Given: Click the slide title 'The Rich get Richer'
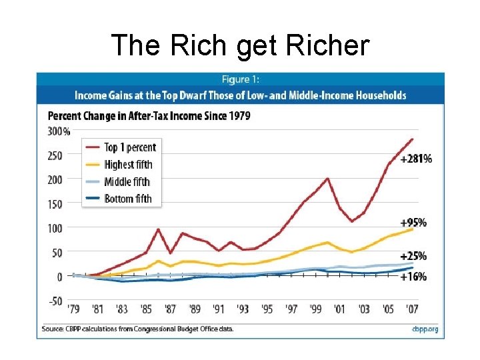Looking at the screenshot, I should click(240, 45).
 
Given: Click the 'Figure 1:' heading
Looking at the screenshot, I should click(240, 80).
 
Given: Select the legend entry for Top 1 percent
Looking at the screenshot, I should click(129, 147).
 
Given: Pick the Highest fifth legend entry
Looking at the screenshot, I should click(128, 165).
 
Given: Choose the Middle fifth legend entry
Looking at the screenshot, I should click(127, 181).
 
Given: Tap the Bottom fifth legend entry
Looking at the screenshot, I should click(127, 199).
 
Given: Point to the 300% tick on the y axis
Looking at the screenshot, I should click(59, 131).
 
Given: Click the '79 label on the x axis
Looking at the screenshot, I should click(75, 309).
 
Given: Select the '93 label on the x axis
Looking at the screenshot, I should click(243, 309).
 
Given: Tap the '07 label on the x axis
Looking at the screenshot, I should click(413, 309).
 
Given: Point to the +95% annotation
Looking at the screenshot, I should click(413, 222).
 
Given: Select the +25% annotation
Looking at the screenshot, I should click(413, 256).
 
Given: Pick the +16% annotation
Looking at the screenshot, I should click(413, 276).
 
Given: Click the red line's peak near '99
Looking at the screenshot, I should click(327, 179).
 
